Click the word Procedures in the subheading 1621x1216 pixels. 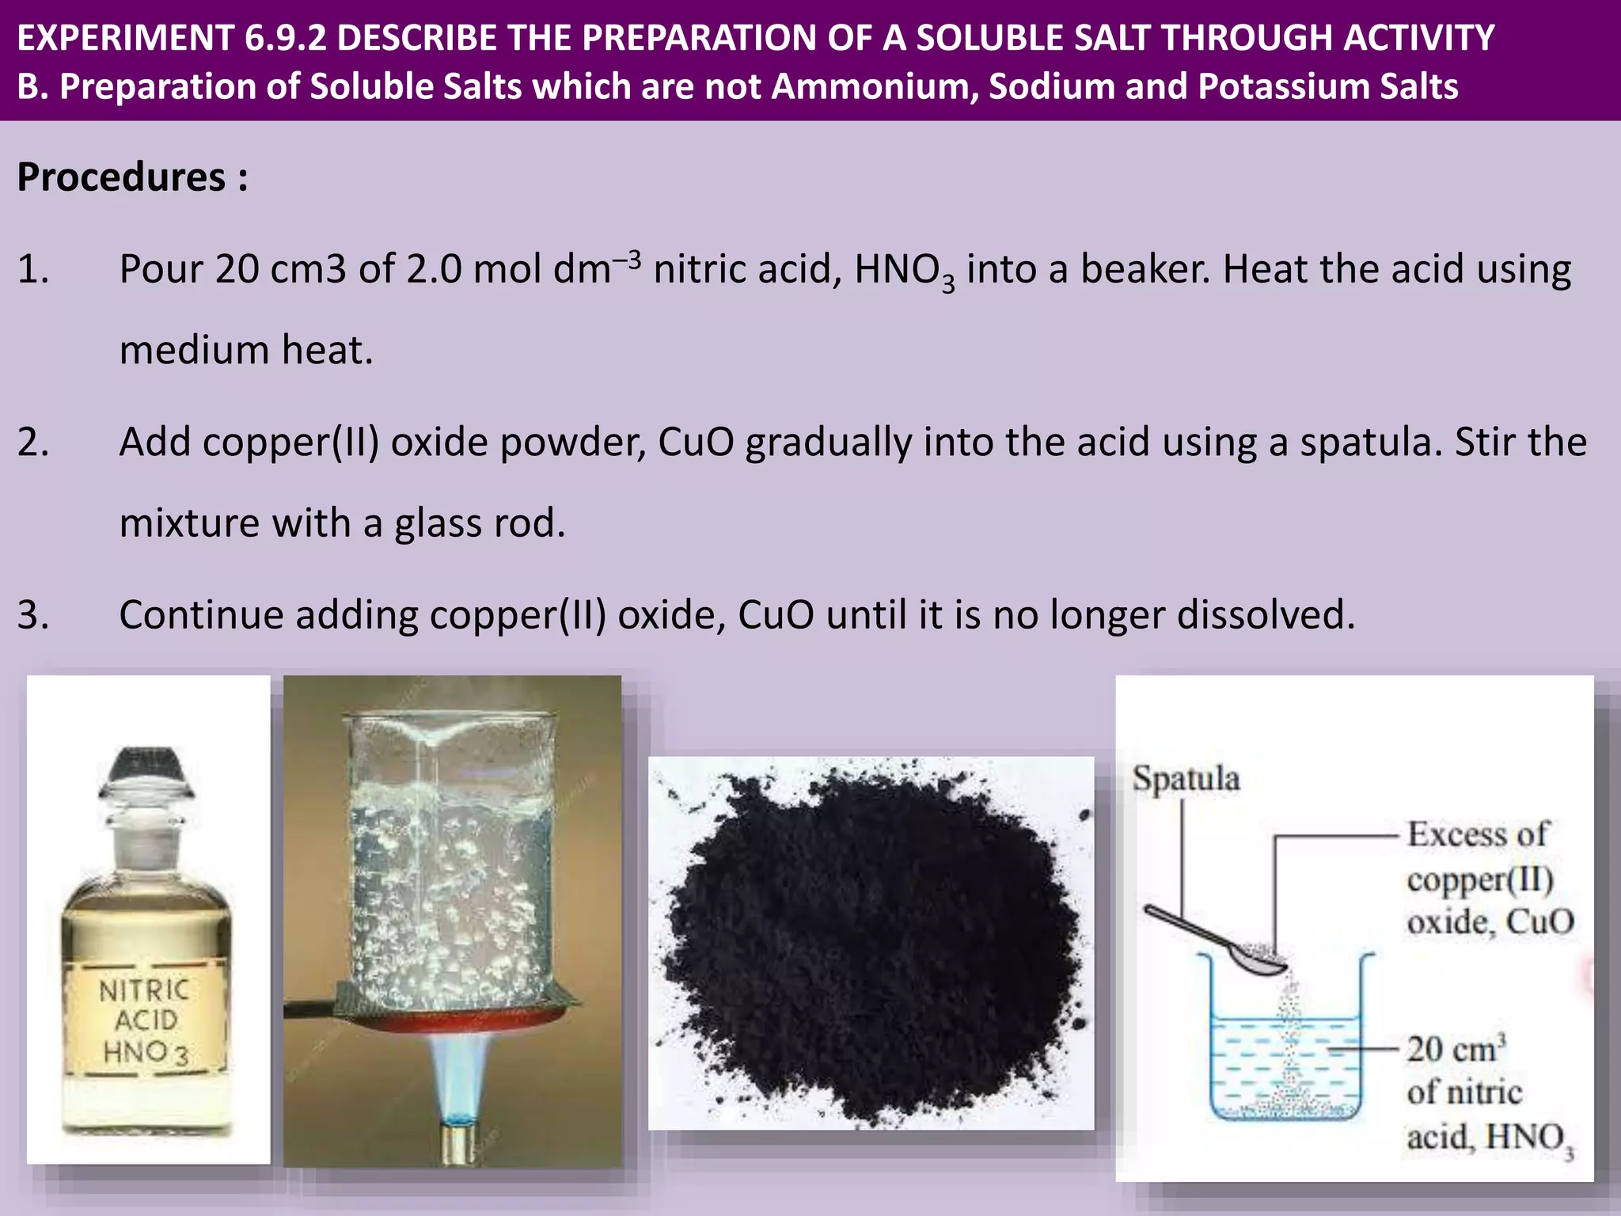coord(121,177)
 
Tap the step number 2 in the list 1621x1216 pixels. coord(32,442)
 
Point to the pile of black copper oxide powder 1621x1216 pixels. coord(871,942)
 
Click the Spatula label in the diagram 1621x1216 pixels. coord(1186,779)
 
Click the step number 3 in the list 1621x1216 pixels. coord(32,615)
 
